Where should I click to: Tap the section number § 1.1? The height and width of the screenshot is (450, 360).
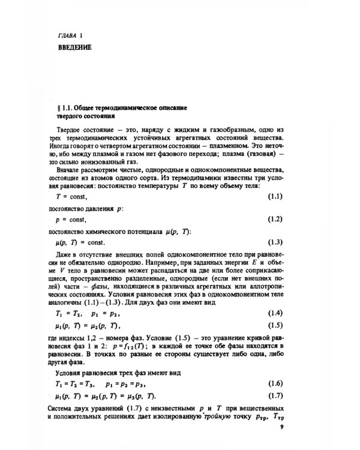click(x=64, y=107)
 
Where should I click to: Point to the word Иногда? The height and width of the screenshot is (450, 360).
click(x=64, y=144)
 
